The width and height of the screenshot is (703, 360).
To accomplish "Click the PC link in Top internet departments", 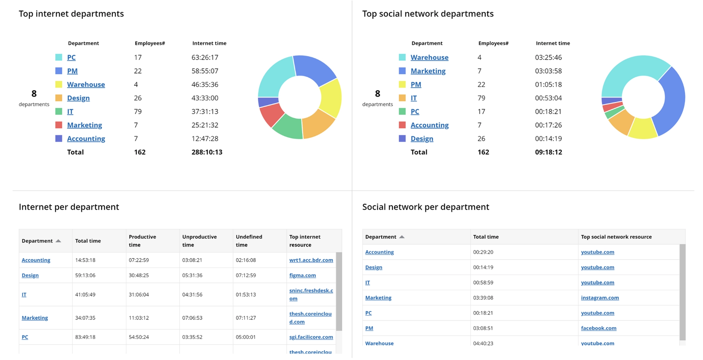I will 71,57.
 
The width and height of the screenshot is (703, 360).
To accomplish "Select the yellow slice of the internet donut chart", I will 331,98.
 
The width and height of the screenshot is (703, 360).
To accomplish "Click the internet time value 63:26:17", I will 205,57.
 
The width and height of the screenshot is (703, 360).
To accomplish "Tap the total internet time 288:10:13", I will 207,152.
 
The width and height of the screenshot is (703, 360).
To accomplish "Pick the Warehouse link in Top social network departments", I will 429,57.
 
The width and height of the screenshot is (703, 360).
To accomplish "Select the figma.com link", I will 302,275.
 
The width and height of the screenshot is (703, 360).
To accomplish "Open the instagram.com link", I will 600,298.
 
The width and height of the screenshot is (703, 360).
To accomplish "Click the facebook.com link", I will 599,328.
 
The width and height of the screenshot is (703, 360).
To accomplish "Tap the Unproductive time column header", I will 199,241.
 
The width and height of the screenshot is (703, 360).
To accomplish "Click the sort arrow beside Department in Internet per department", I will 58,241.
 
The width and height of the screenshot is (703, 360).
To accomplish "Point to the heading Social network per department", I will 425,207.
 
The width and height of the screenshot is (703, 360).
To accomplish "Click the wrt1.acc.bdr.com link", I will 311,260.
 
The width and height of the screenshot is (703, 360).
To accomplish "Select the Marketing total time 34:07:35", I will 85,318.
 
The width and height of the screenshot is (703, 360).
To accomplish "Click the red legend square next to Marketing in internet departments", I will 59,125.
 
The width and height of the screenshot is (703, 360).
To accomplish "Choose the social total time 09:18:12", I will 548,152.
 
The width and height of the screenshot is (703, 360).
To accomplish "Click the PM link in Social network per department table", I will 369,328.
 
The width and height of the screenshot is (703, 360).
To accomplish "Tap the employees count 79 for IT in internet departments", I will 137,111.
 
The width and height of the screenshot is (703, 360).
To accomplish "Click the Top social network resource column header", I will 616,237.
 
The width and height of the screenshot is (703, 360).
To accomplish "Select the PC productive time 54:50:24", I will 139,337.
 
